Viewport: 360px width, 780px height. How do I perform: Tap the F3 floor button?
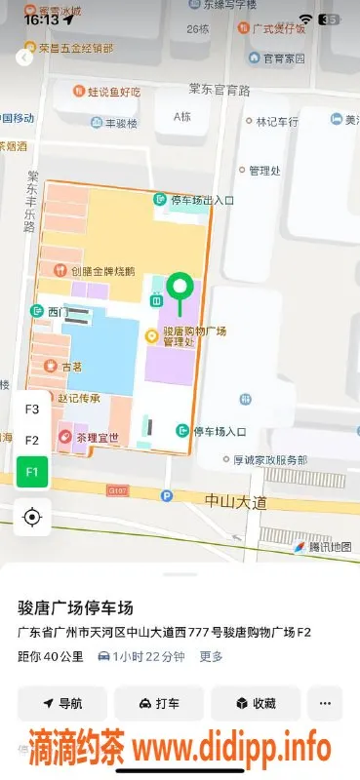point(32,409)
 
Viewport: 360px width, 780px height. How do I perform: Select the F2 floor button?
point(32,441)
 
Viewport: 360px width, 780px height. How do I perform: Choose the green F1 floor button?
point(32,473)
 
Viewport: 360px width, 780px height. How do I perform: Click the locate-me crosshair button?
point(32,517)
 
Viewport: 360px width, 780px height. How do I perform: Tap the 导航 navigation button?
point(62,703)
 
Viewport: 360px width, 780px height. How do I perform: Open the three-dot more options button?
point(325,703)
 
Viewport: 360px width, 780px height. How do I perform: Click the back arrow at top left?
point(24,58)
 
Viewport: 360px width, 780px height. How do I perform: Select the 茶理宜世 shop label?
point(96,438)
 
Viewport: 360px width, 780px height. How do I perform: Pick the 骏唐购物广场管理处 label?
point(192,337)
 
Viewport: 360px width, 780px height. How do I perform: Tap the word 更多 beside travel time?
point(212,656)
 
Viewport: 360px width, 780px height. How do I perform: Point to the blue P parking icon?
point(166,495)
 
